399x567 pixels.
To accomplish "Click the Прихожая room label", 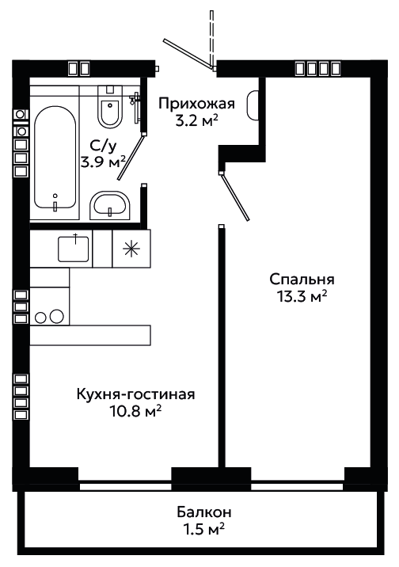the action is click(197, 105).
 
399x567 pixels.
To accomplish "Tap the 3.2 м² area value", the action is click(196, 121).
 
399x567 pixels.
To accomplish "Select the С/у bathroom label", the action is click(104, 146).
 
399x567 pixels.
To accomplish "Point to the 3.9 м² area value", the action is click(104, 162).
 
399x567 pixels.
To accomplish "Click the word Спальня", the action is click(302, 280).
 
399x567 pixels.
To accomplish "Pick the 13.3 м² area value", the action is click(302, 297).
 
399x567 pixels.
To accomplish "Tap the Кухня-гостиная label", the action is click(136, 394).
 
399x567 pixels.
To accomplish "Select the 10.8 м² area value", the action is click(135, 412).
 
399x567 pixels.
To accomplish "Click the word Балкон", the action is click(204, 512).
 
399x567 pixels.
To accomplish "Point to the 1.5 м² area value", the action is click(204, 530).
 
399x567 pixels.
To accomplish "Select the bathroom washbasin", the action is click(109, 205).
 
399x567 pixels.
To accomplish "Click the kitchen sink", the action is click(74, 249).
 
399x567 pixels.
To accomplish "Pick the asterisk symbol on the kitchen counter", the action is click(131, 249).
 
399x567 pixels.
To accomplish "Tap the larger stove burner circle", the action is click(56, 317).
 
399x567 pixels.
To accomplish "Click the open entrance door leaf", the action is click(187, 54).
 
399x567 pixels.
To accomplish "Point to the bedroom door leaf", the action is click(235, 196).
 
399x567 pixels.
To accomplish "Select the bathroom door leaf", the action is click(131, 157).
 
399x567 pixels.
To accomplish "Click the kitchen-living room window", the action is click(125, 486).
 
